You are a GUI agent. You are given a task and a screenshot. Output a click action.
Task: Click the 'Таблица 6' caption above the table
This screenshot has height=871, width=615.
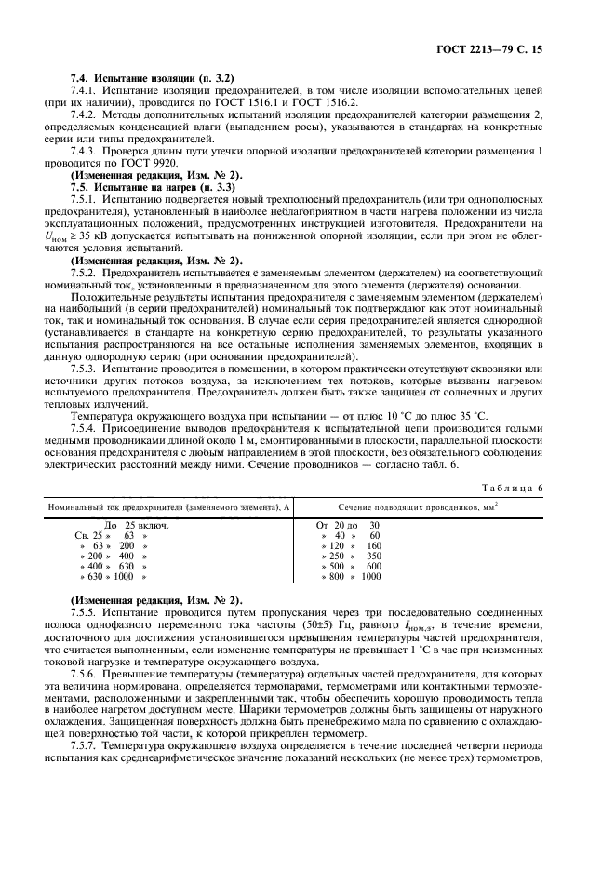[x=547, y=487]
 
